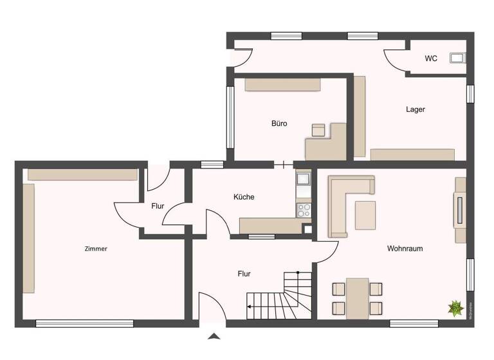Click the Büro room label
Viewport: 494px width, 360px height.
(x=279, y=123)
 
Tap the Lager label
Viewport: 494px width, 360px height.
(x=415, y=109)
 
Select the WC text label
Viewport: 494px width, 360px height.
(x=431, y=59)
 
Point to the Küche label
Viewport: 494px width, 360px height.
(x=244, y=197)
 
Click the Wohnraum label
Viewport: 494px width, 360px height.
(x=405, y=248)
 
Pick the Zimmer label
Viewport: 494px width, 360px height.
(x=95, y=249)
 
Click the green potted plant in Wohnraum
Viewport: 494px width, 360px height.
(x=455, y=308)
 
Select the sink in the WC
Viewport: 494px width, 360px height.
(x=457, y=59)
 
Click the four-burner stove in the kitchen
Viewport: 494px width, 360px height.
(x=303, y=210)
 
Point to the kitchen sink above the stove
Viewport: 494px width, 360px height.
(x=303, y=178)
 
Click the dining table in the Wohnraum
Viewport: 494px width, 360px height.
(x=357, y=298)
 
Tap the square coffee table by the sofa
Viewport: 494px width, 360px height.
(x=365, y=215)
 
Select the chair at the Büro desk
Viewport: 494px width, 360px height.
(x=318, y=130)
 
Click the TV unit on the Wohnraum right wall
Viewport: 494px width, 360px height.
(x=461, y=210)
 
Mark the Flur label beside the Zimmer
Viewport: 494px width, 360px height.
(x=158, y=206)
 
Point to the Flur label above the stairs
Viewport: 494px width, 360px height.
(x=244, y=274)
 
